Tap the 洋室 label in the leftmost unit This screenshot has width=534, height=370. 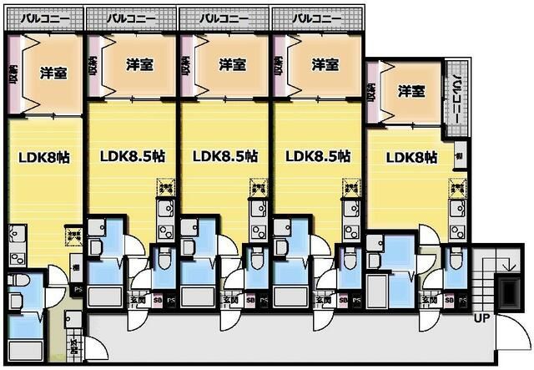click(54, 73)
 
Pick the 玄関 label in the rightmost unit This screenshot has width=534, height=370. click(429, 299)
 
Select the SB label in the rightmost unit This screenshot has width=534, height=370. click(450, 299)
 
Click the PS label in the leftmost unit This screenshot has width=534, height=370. click(77, 291)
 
